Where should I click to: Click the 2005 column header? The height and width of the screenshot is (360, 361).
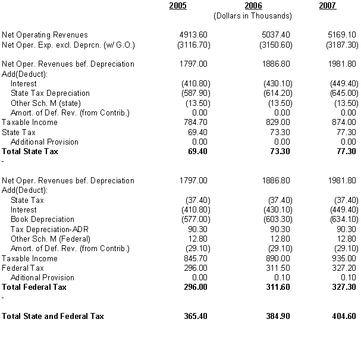[178, 6]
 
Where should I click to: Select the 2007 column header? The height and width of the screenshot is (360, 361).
[327, 6]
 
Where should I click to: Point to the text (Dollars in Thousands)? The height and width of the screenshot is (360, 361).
[253, 16]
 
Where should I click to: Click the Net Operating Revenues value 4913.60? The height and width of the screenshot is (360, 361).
[194, 35]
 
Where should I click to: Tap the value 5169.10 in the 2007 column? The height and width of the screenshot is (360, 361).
[343, 35]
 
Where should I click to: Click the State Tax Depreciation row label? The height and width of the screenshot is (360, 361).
[50, 93]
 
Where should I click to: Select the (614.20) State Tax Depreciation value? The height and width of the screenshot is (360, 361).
[276, 93]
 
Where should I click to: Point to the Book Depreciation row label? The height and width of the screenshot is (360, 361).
[42, 220]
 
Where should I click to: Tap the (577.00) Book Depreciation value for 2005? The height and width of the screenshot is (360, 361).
[194, 220]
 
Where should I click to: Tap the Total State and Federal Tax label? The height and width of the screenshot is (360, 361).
[53, 316]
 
